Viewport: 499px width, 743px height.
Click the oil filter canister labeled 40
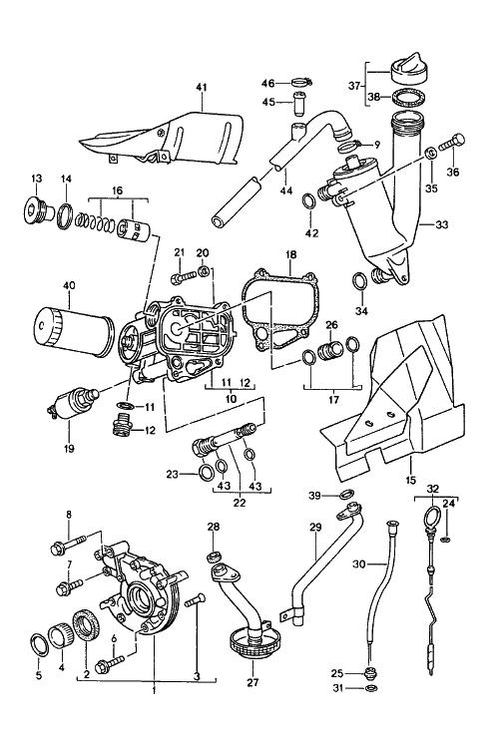75,333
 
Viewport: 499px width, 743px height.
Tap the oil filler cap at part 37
411,69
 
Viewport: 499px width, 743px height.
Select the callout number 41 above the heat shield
202,87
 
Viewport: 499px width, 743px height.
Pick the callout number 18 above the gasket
290,254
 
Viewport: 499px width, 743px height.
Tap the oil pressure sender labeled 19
73,403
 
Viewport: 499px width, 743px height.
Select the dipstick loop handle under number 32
433,516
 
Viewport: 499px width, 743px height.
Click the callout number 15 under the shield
411,480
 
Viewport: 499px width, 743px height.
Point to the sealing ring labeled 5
39,645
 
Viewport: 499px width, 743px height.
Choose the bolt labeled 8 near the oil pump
67,544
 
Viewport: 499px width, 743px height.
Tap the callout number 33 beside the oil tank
441,224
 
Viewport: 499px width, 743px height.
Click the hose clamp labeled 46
300,83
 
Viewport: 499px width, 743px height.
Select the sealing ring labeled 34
361,282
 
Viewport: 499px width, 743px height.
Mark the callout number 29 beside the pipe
315,527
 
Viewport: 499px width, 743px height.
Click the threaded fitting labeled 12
123,423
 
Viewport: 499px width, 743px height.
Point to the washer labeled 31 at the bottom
371,687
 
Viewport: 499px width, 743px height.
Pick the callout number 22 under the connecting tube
240,503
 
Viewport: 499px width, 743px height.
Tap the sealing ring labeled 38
408,99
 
